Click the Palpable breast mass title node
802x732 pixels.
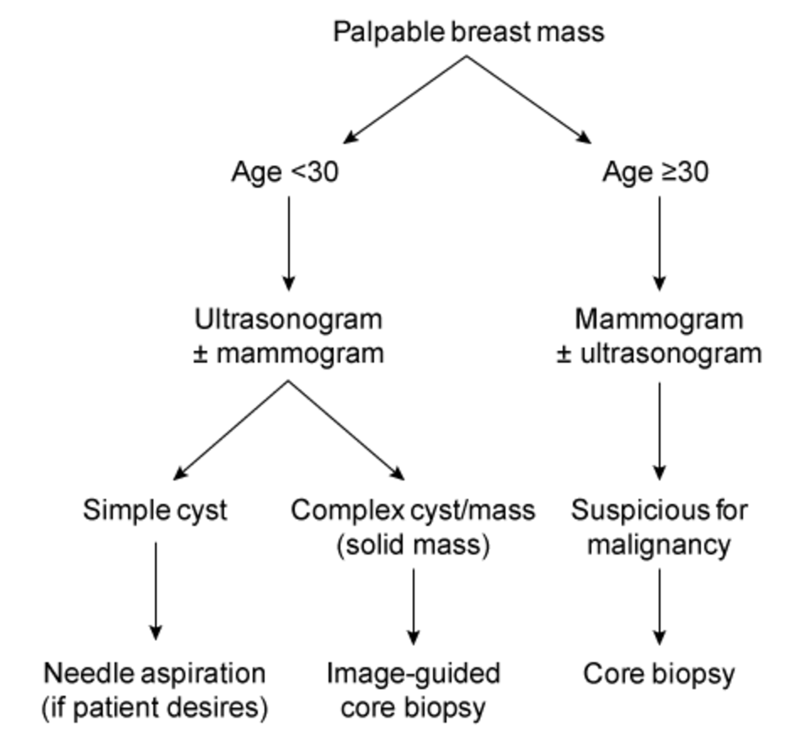tap(468, 33)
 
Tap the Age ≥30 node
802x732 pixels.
tap(656, 172)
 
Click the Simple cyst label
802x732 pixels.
tap(155, 511)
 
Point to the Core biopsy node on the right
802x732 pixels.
tap(659, 674)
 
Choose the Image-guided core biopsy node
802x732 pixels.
tap(413, 690)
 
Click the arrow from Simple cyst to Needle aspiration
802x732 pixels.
tap(155, 589)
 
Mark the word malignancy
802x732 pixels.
tap(659, 544)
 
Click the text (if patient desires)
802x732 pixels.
tap(155, 708)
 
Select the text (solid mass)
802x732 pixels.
tap(413, 544)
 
